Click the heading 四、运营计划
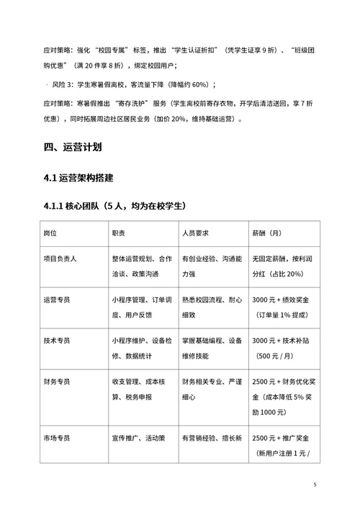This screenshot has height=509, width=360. (73, 148)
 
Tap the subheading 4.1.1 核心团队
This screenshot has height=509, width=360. (114, 207)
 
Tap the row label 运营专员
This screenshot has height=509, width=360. (60, 299)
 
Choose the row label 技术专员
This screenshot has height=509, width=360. (60, 340)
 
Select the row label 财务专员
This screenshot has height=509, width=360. (60, 381)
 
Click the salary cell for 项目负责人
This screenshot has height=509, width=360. (282, 266)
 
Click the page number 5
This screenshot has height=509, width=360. (315, 485)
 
